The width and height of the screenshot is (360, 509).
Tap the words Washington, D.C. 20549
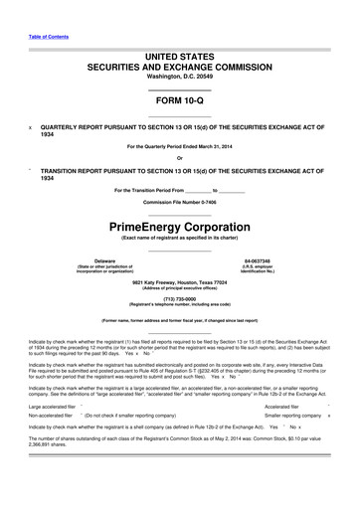[179, 77]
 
